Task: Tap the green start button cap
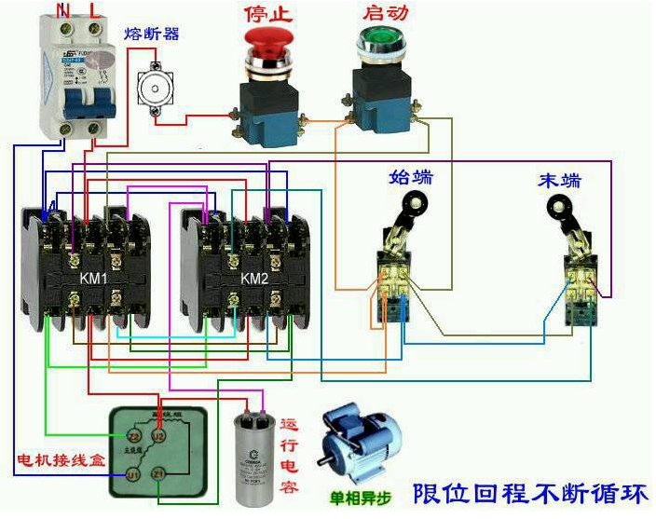coord(376,40)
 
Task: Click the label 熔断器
coord(152,34)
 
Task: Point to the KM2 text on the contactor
coord(253,278)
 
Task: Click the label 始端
coord(410,177)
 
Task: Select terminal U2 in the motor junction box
coord(158,435)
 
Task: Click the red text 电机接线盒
coord(53,461)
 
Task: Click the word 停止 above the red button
coord(268,12)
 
